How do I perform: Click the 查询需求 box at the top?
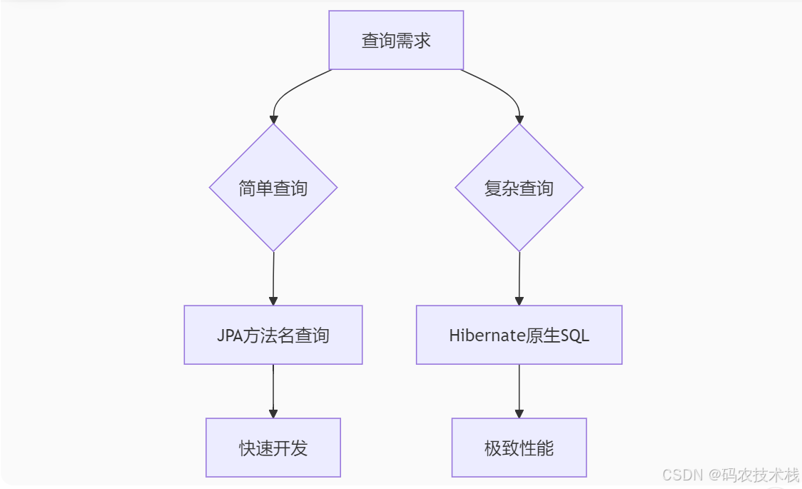pos(396,40)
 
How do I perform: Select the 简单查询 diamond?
pos(273,188)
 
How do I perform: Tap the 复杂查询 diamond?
pos(519,188)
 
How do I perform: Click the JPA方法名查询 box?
pos(273,335)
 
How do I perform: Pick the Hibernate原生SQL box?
pos(519,335)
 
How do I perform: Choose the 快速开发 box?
pos(273,448)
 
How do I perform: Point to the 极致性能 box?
pos(519,448)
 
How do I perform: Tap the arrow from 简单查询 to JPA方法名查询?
pos(273,278)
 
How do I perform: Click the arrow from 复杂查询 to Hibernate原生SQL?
pos(519,278)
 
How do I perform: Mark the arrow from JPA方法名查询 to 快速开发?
pos(273,389)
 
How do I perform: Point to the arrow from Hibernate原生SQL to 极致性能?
pos(519,389)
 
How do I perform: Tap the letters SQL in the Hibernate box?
pos(575,335)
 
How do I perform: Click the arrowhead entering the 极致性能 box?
pos(519,413)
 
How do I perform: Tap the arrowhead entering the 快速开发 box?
pos(273,413)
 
